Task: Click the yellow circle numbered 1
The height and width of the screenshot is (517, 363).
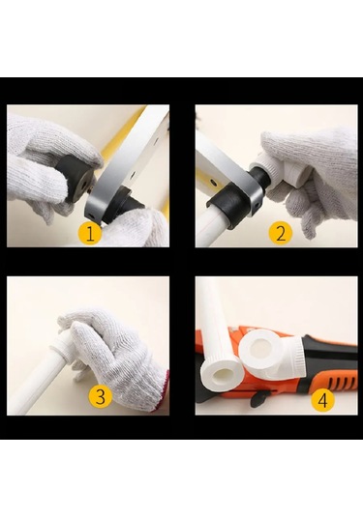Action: pos(90,234)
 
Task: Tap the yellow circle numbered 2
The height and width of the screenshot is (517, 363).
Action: pos(280,234)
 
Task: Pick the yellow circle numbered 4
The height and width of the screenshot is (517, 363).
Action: pos(322,400)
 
